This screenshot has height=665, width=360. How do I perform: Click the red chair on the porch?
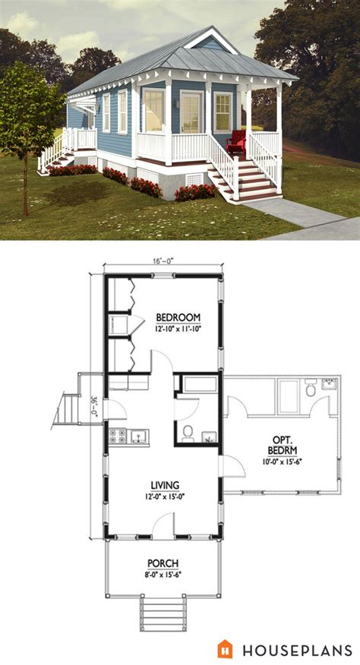point(235,143)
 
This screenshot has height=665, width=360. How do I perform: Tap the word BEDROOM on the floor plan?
point(178,317)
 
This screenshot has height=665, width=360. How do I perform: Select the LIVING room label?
point(165,485)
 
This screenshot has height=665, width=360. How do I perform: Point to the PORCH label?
point(163,563)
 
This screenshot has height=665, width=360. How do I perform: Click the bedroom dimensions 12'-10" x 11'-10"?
point(178,329)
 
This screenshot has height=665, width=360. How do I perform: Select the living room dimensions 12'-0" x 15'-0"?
point(165,496)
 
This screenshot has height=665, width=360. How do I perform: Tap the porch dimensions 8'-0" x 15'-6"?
point(163,574)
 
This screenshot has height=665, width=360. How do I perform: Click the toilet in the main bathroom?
point(188,434)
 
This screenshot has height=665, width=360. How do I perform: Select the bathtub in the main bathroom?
point(199,383)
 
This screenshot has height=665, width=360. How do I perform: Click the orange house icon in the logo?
point(226,648)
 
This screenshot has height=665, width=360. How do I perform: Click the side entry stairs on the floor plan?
point(68,410)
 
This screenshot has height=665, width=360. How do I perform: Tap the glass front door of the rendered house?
point(191,112)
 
